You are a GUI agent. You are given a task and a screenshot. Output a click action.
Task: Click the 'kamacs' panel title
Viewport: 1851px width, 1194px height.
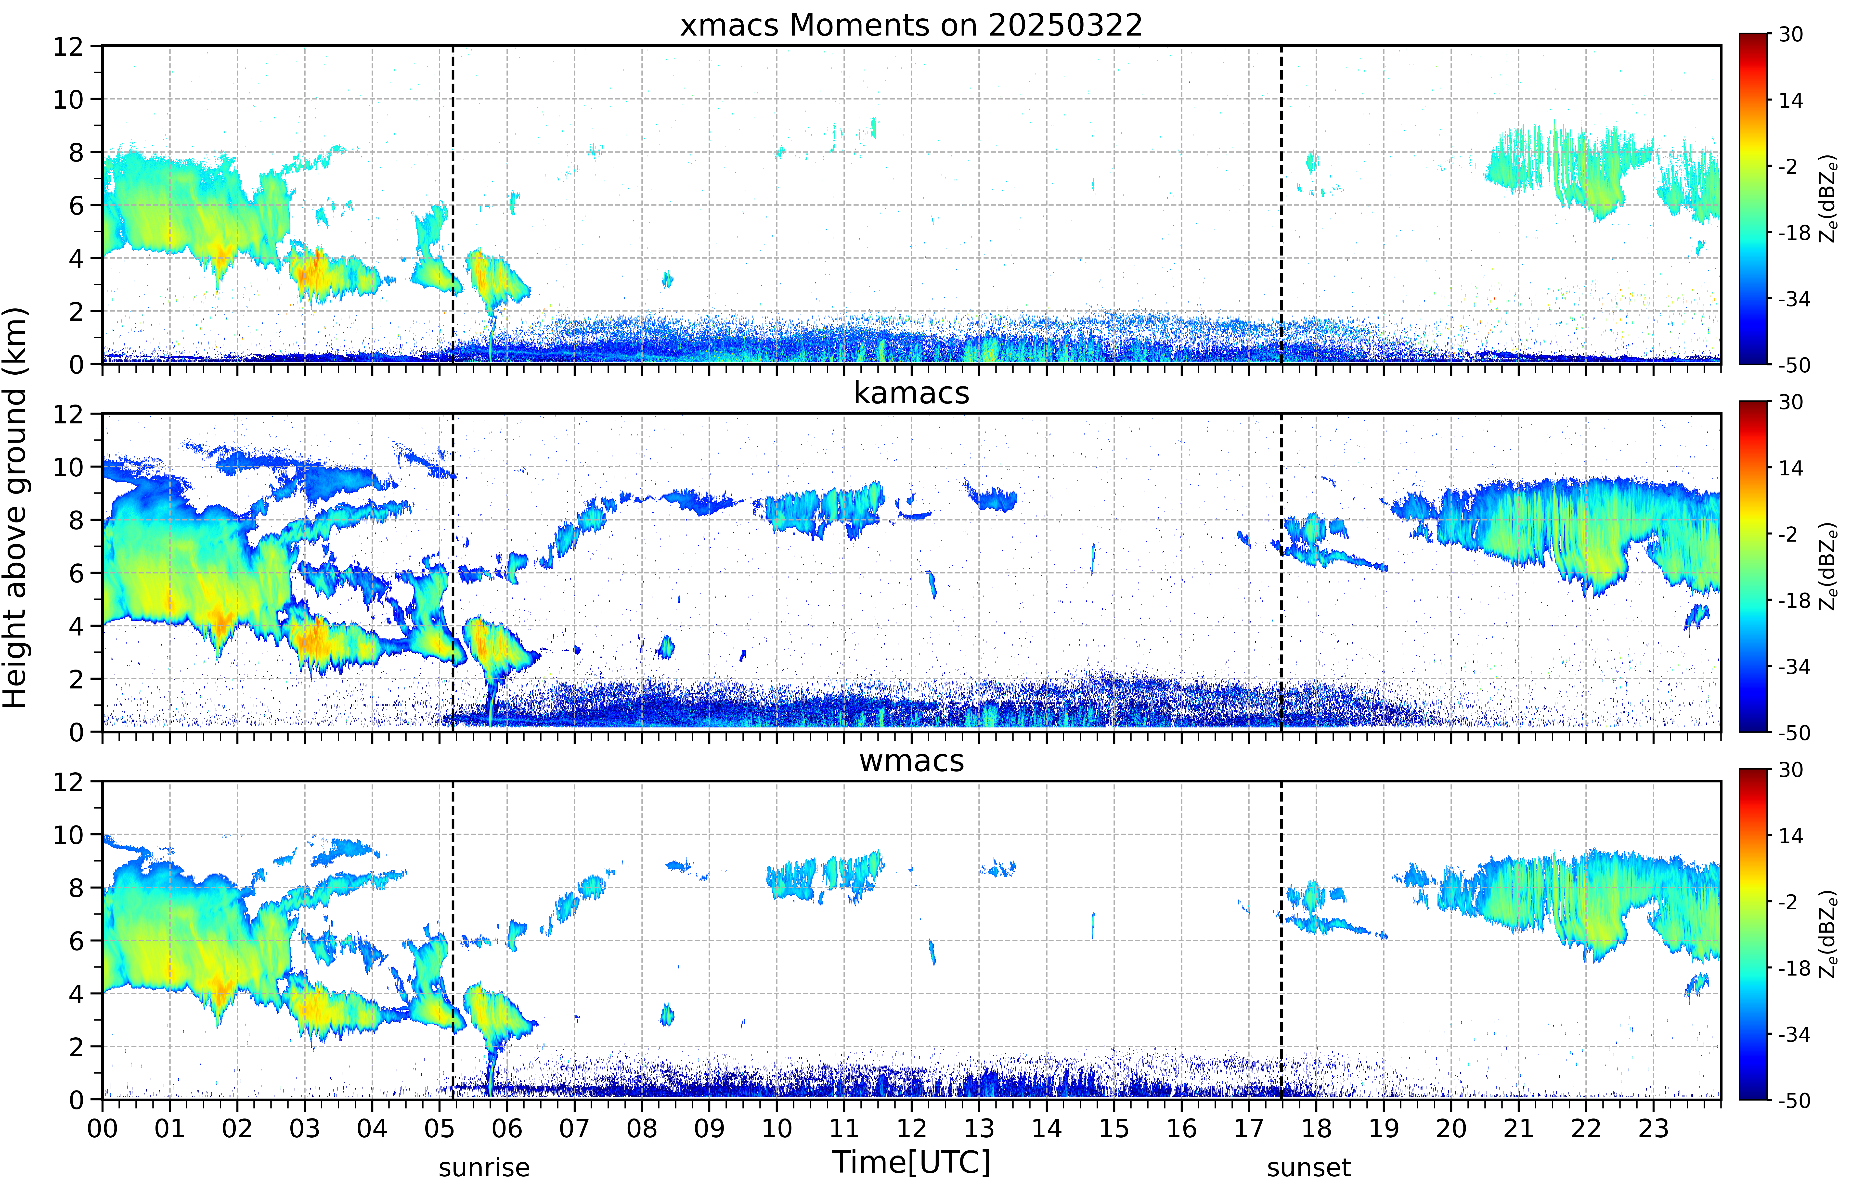(911, 393)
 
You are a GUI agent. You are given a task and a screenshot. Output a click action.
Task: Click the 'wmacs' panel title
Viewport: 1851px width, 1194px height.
(911, 761)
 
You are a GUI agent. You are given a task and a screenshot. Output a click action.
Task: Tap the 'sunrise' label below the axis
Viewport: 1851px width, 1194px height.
(484, 1168)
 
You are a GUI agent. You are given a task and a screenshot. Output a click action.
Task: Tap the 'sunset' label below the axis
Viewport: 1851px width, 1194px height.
(1309, 1168)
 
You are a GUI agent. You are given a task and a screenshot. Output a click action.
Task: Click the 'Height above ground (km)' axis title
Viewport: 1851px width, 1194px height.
(15, 508)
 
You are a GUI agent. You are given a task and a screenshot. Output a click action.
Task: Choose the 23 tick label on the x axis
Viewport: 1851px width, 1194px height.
(1653, 1128)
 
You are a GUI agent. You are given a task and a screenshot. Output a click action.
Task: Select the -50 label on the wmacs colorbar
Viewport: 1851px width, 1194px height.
(1794, 1100)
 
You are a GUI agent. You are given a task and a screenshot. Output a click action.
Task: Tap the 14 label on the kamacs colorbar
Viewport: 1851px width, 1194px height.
(1790, 468)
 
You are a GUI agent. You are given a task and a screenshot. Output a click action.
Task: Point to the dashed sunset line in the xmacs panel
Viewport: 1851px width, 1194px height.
(1281, 205)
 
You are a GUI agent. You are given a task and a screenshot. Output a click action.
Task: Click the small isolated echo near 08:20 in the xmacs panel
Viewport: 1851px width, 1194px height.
(667, 279)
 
